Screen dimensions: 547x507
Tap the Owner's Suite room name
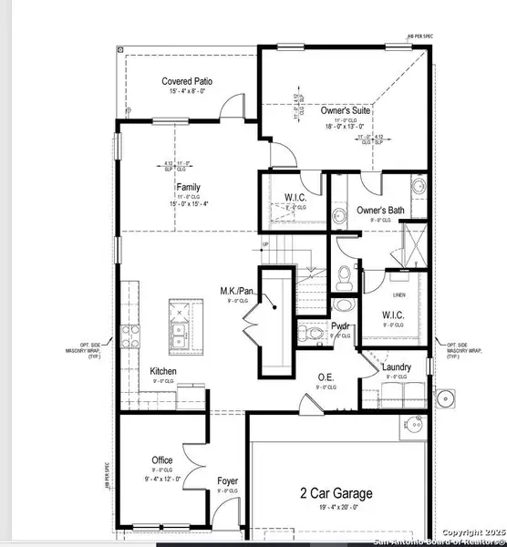coord(342,110)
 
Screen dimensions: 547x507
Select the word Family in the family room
coord(188,188)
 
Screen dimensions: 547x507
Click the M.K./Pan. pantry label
coord(236,292)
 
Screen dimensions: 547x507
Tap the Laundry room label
coord(396,368)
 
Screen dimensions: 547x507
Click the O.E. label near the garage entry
coord(325,377)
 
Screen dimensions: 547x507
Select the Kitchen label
coord(163,371)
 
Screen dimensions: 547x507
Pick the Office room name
coord(162,460)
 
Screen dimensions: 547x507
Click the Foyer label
coord(228,480)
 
